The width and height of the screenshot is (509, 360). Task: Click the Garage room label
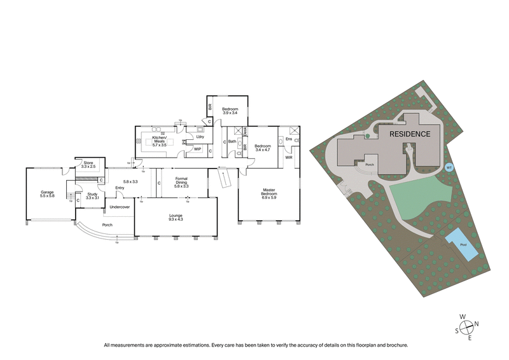click(x=48, y=193)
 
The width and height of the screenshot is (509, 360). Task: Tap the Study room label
click(x=93, y=196)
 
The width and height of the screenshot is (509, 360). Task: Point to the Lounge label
click(x=176, y=216)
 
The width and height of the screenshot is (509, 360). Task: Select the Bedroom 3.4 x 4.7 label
click(x=263, y=148)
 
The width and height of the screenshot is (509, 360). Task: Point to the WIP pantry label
click(x=198, y=149)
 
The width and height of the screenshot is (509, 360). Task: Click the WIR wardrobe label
click(x=288, y=156)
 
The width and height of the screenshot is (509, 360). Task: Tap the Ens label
click(x=288, y=139)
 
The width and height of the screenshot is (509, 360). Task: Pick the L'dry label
click(x=199, y=137)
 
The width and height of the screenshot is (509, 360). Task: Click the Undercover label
click(x=120, y=207)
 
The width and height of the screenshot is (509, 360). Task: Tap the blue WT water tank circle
click(x=449, y=167)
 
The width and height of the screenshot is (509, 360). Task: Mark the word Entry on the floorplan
click(x=120, y=188)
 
